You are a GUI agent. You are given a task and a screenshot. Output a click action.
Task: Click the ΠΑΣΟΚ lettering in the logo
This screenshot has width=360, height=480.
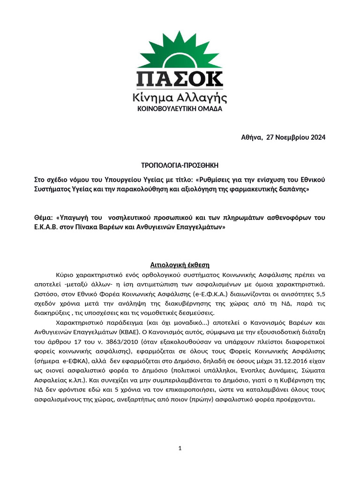(180, 79)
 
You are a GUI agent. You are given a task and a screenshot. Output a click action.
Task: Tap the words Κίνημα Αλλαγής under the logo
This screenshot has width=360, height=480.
(180, 98)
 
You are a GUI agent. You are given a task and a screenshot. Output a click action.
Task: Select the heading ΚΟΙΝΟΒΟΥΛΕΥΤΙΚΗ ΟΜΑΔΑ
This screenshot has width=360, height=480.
(180, 109)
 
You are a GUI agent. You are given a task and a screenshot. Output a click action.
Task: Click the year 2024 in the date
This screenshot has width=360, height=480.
(316, 137)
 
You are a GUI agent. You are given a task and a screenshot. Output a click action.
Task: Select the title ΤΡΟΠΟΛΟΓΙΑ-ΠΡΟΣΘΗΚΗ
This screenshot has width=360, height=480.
(180, 165)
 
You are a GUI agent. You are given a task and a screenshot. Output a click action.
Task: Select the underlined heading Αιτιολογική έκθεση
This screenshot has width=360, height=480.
(180, 265)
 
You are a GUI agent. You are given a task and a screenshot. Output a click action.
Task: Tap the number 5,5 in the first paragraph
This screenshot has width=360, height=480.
(319, 294)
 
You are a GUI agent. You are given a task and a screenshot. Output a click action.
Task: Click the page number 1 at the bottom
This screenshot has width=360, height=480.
(180, 449)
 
